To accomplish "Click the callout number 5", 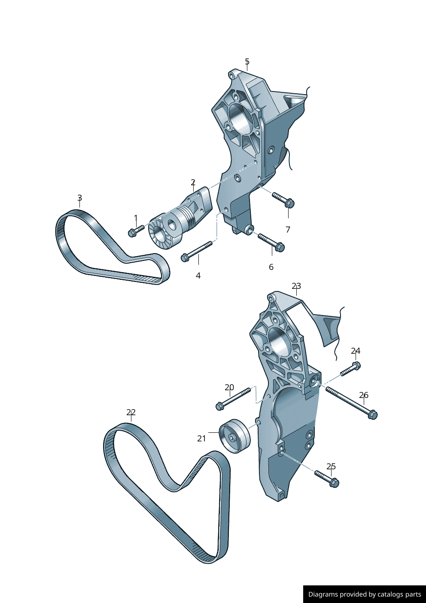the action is (x=247, y=61).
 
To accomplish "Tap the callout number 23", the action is (x=296, y=286).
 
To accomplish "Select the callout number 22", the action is (x=131, y=413).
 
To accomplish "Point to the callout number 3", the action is (x=79, y=198).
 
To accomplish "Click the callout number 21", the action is (x=201, y=439).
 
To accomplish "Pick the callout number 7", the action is (x=288, y=230).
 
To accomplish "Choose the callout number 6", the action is (x=271, y=267).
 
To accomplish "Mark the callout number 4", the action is (x=198, y=275).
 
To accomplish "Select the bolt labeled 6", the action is (x=271, y=242).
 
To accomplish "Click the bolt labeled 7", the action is (x=283, y=199).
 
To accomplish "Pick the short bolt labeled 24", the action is (x=350, y=369).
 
